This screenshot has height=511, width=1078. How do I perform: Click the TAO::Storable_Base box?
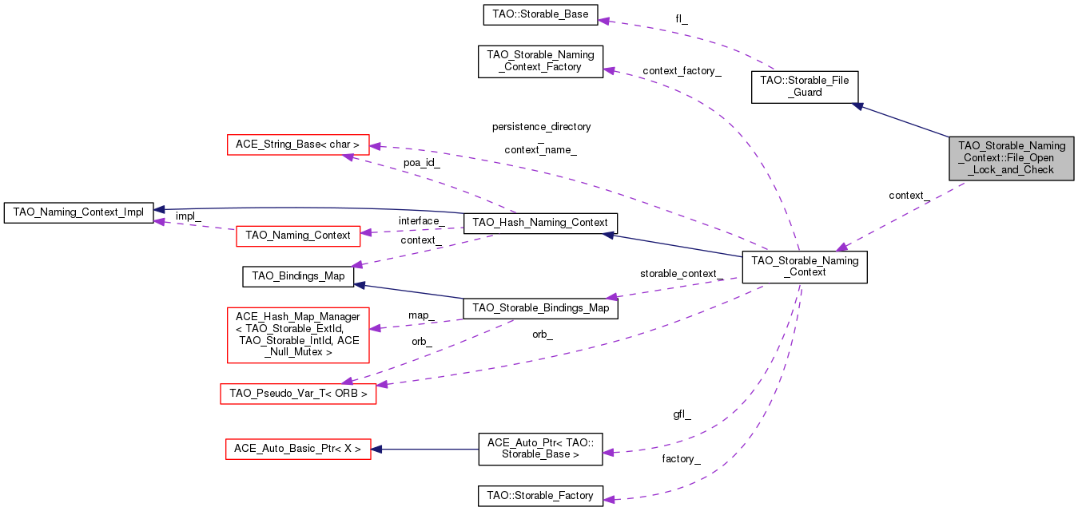[540, 14]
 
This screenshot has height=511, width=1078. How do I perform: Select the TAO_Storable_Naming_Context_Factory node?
[540, 61]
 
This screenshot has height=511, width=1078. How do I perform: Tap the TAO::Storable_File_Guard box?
[804, 86]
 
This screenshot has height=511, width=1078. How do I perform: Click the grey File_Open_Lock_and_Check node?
[1011, 158]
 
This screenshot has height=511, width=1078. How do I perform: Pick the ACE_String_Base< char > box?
[298, 145]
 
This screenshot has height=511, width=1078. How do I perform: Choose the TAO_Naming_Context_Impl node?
[78, 212]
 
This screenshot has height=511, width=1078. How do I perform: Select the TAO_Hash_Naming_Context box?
[540, 223]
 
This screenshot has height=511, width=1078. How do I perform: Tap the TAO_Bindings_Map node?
[298, 276]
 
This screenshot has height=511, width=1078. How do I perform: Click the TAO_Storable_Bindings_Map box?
[540, 308]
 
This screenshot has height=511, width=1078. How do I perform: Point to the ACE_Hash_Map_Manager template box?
[298, 335]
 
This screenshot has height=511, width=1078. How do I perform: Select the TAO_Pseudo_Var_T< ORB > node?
[298, 394]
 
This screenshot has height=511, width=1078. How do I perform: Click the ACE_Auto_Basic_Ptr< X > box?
[298, 449]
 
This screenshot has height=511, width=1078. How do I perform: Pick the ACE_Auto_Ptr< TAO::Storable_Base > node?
[540, 449]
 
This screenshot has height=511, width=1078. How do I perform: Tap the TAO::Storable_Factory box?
[540, 496]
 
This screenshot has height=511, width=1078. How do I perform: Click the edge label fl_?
[682, 19]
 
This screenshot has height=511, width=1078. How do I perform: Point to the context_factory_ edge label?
[682, 71]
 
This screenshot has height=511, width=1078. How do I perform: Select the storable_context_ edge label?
[682, 274]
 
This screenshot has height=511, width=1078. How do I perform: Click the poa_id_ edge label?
[422, 163]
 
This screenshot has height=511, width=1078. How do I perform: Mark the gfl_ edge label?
[682, 414]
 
